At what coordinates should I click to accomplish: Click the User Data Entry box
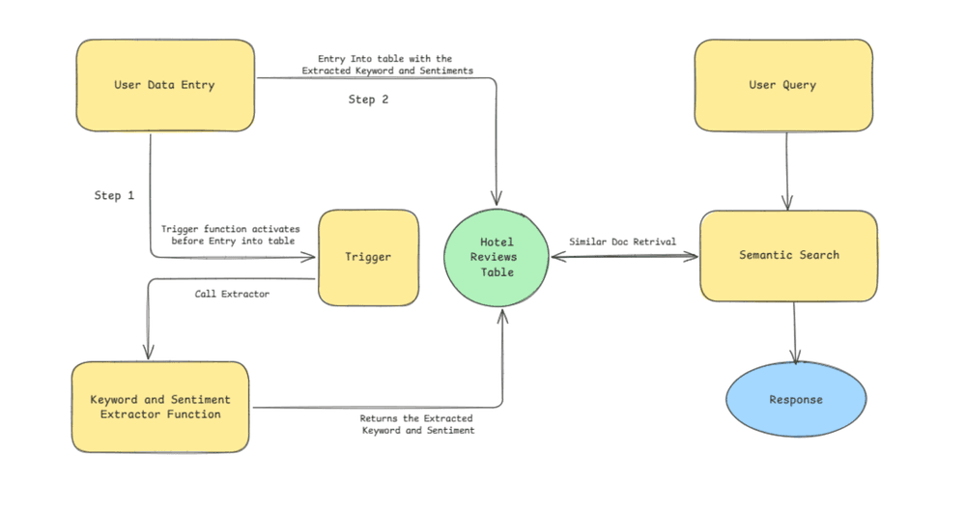tap(165, 85)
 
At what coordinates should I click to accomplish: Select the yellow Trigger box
tap(368, 257)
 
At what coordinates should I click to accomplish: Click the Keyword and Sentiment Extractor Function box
tap(160, 407)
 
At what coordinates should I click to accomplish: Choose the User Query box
tap(782, 85)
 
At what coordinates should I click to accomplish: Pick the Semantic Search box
tap(788, 255)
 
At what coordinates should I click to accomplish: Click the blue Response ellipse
tap(796, 400)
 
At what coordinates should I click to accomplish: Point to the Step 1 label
tap(114, 196)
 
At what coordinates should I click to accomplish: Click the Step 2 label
tap(368, 100)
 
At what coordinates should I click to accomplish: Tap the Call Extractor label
tap(232, 294)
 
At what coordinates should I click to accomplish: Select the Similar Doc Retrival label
tap(622, 241)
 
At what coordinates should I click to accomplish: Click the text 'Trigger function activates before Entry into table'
tap(230, 235)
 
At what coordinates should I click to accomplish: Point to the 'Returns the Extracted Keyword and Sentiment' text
tap(417, 424)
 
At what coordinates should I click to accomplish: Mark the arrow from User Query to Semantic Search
tap(786, 170)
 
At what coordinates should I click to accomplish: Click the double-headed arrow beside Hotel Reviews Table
tap(623, 257)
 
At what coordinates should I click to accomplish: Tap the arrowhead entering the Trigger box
tap(312, 257)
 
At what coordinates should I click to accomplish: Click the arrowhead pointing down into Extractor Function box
tap(147, 354)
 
